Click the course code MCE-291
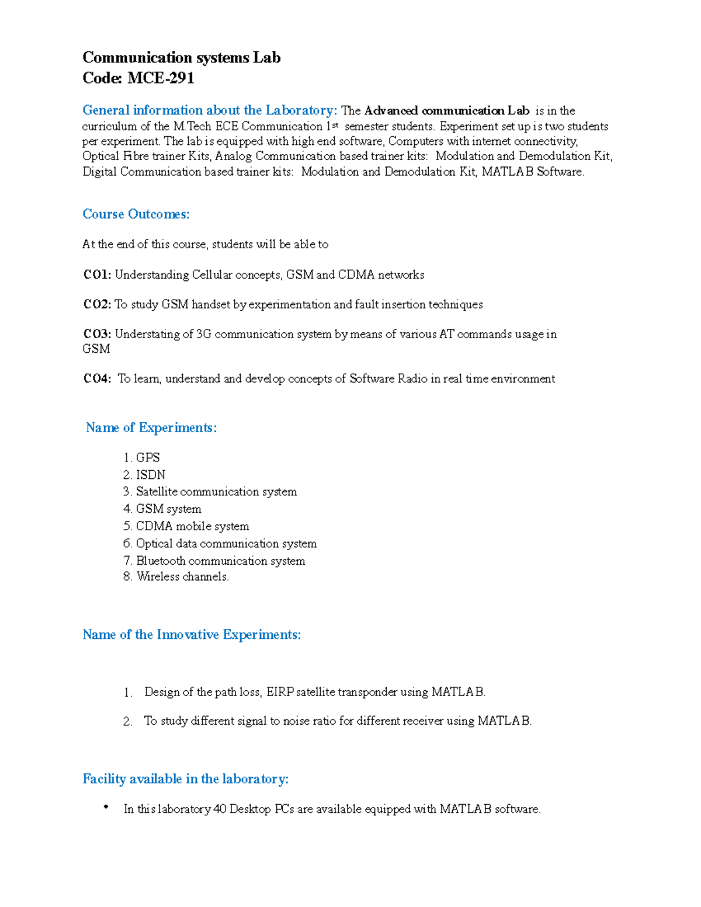click(161, 78)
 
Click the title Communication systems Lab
click(181, 57)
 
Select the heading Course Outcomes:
click(136, 214)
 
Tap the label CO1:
click(97, 274)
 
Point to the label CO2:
click(97, 304)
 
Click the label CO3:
click(97, 334)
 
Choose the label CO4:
click(97, 378)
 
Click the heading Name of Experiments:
click(151, 428)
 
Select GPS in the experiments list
click(148, 457)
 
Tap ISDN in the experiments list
click(151, 475)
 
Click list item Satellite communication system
click(216, 492)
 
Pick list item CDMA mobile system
click(192, 526)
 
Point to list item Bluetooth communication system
click(220, 561)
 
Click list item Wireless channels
click(182, 576)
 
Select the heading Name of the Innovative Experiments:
click(192, 635)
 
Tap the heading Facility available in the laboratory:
click(185, 779)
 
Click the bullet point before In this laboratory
click(106, 807)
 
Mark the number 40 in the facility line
click(220, 809)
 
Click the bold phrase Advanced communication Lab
click(446, 111)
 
